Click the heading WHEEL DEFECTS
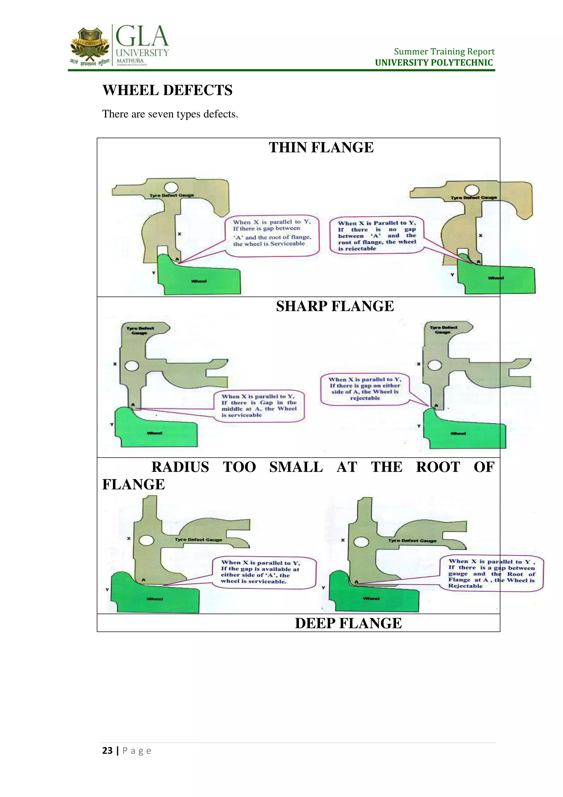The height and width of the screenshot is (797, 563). (x=167, y=90)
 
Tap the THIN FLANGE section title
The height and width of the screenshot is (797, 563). (x=321, y=148)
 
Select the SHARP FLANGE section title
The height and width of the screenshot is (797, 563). (x=335, y=306)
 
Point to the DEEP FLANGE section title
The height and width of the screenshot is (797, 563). (x=348, y=623)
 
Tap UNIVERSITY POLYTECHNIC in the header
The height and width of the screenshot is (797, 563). (x=434, y=63)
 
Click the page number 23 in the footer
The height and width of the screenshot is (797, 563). (x=107, y=750)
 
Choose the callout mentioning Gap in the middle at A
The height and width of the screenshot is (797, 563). (x=259, y=405)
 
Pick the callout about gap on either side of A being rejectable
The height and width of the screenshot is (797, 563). (x=365, y=389)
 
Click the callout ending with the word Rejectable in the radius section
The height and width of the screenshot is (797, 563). (x=491, y=574)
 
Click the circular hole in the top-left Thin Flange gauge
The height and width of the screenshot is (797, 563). (x=171, y=188)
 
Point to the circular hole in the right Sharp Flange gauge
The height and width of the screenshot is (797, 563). (x=435, y=365)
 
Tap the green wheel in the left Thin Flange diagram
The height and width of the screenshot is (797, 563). (x=199, y=278)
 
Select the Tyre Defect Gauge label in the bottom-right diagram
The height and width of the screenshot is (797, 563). (x=412, y=541)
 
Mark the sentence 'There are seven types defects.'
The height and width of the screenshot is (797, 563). (x=170, y=114)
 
